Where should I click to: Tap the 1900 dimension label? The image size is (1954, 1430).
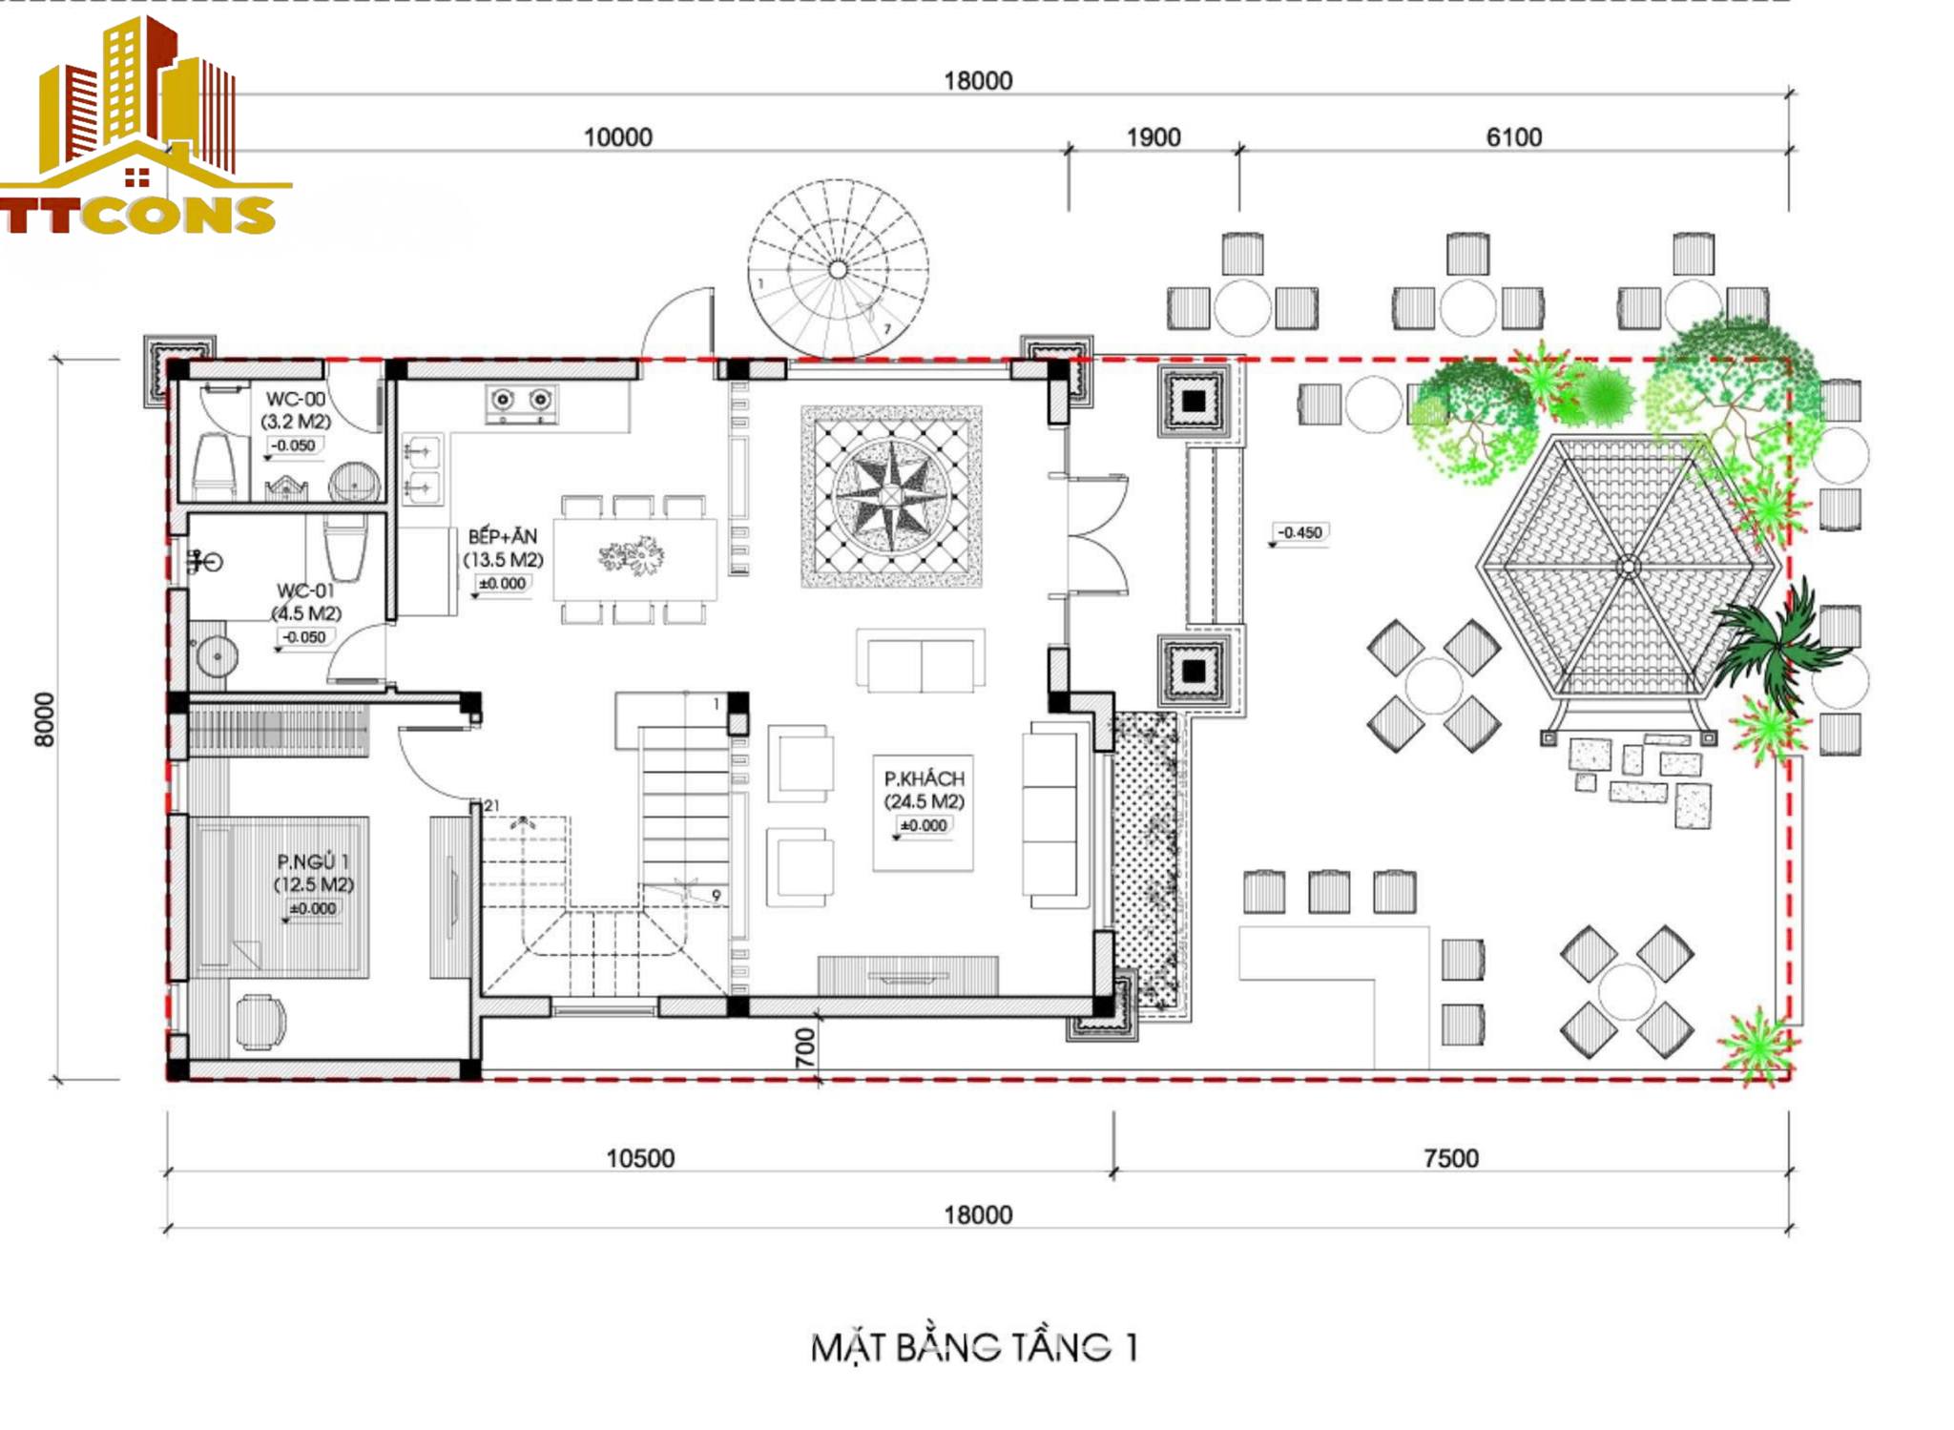tap(1154, 137)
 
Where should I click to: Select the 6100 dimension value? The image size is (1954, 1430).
tap(1514, 137)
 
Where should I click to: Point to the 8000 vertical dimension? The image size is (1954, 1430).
tap(44, 719)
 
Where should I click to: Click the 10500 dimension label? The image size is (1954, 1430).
tap(640, 1158)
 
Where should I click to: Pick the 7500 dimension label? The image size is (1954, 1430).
tap(1451, 1158)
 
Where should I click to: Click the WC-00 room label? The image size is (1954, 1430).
tap(296, 400)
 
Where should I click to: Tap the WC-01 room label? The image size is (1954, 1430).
tap(305, 591)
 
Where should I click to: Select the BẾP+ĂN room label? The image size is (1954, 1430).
tap(503, 537)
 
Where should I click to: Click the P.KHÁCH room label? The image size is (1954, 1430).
tap(924, 778)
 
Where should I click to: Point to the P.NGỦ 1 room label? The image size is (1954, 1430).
tap(313, 862)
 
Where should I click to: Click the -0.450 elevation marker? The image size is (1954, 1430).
tap(1299, 532)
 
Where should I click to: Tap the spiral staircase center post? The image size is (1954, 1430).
tap(838, 270)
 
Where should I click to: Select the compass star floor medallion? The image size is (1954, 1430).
tap(891, 496)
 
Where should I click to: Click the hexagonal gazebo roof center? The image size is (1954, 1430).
tap(1629, 568)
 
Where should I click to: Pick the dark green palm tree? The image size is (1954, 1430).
tap(1776, 648)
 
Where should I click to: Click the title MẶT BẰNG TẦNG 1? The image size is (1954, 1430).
tap(974, 1347)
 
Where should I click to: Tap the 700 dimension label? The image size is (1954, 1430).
tap(806, 1047)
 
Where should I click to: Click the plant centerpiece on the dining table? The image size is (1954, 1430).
tap(632, 555)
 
